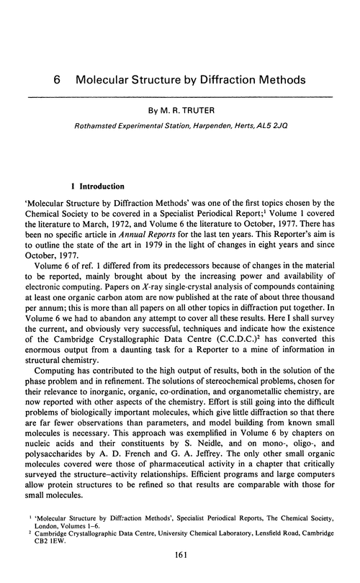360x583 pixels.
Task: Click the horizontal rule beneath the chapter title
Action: [x=180, y=96]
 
